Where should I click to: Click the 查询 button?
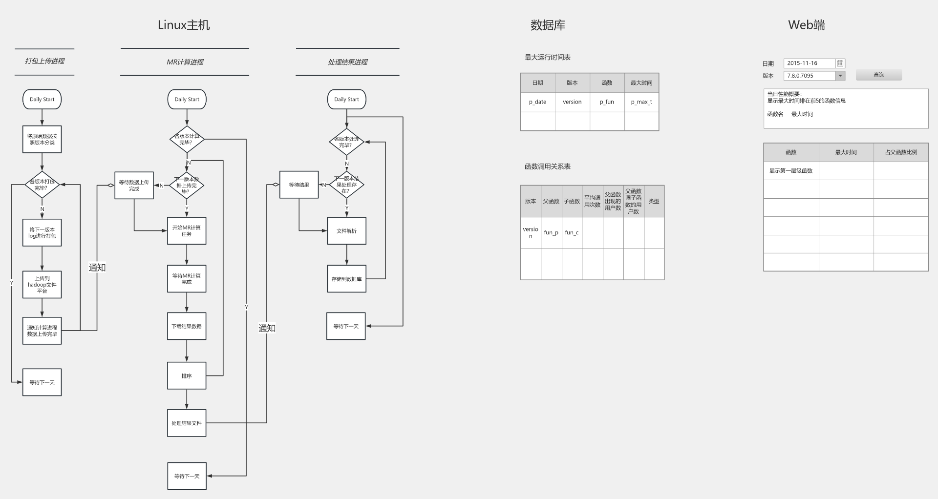click(x=878, y=75)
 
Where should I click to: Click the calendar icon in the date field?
click(x=840, y=63)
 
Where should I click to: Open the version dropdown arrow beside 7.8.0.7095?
click(x=840, y=76)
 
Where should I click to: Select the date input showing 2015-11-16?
click(x=809, y=63)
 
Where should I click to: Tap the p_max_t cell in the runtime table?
click(x=641, y=102)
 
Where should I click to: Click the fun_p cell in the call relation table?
click(x=551, y=233)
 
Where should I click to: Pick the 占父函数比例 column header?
click(x=901, y=152)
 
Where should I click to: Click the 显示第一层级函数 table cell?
click(x=791, y=171)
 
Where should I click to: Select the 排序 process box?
click(x=187, y=376)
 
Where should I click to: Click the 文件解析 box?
click(x=346, y=231)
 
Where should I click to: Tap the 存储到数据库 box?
click(x=346, y=279)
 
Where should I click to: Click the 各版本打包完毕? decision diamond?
click(x=42, y=185)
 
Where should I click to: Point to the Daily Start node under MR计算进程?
click(x=187, y=99)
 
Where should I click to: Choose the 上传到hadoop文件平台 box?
click(x=42, y=285)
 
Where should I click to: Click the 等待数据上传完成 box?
click(x=134, y=186)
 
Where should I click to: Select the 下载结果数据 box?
click(x=187, y=326)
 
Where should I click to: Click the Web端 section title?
click(x=806, y=25)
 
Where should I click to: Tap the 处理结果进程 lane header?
click(x=347, y=62)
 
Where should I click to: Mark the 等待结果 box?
click(x=299, y=185)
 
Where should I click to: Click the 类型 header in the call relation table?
click(x=654, y=201)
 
